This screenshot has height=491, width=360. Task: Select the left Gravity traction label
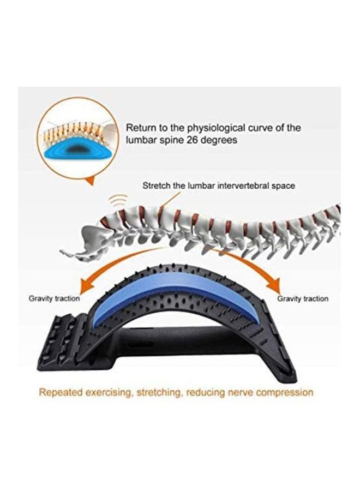tap(54, 298)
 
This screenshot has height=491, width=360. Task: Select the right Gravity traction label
tap(303, 298)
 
